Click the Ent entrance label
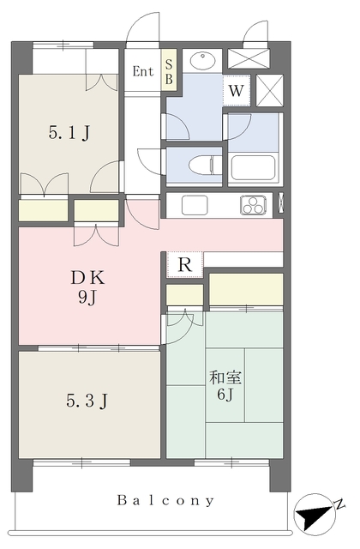point(143,71)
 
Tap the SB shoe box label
point(169,72)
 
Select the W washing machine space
point(237,91)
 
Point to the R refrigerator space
point(185,265)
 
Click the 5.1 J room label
point(69,133)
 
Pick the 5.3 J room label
point(87,401)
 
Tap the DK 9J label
point(87,287)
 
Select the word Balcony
point(165,500)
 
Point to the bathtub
point(254,167)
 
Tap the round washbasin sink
point(202,61)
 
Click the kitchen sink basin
point(195,205)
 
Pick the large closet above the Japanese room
point(246,289)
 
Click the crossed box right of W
point(269,90)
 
